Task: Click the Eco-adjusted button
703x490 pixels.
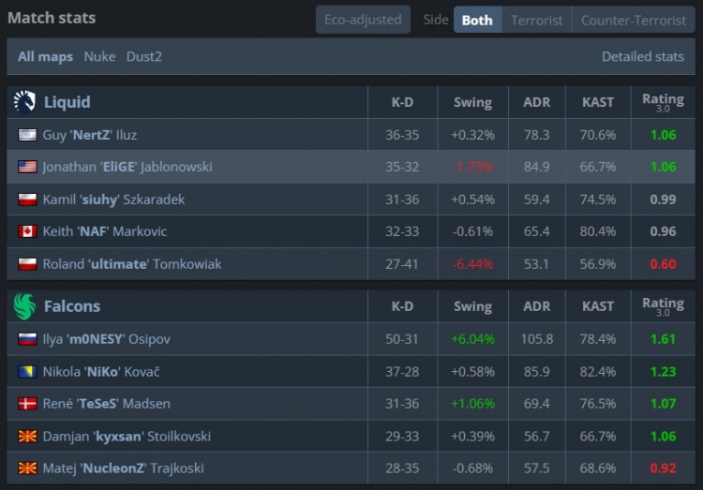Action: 363,20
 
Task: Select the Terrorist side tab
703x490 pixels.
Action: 537,20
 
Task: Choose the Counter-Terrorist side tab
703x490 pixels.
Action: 633,20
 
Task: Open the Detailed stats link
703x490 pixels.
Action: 642,56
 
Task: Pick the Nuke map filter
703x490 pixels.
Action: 99,56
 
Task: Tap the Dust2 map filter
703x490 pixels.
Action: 143,56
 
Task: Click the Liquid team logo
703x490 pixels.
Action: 25,102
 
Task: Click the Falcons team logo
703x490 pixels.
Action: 25,306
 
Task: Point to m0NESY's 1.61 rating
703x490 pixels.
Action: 663,339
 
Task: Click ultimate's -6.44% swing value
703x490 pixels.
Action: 472,264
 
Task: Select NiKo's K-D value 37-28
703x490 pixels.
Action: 402,372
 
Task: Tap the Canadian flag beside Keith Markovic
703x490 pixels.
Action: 27,231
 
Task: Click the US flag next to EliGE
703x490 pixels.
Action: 27,167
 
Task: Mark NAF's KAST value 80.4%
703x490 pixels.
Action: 598,231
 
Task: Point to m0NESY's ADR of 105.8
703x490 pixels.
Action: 536,339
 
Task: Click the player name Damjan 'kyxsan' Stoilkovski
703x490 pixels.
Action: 127,437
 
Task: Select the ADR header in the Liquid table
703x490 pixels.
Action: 536,102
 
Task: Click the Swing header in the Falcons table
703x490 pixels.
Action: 472,306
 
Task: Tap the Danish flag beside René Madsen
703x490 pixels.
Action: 27,404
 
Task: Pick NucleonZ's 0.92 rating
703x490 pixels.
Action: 663,468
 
